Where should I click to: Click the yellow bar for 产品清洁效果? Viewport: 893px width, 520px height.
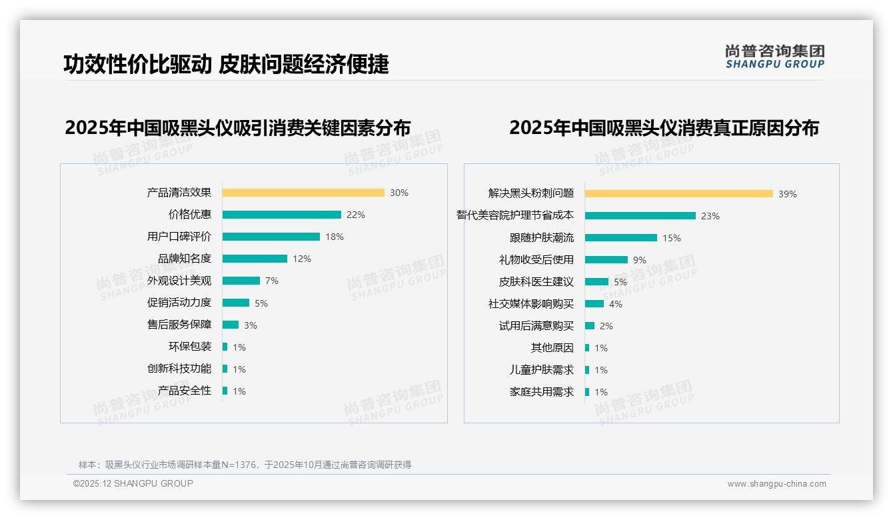coord(303,193)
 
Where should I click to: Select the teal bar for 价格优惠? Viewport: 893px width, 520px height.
coord(281,215)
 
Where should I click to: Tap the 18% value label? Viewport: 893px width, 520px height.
coord(335,237)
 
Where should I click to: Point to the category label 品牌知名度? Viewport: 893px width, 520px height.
coord(185,259)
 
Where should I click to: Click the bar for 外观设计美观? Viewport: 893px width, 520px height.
coord(241,281)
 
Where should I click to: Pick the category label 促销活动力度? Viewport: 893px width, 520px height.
coord(179,303)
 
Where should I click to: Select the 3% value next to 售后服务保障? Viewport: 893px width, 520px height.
coord(250,325)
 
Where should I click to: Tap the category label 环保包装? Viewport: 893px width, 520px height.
coord(190,347)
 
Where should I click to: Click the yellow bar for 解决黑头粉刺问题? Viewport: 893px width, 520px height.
coord(678,194)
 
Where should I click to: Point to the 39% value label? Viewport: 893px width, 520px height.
coord(788,194)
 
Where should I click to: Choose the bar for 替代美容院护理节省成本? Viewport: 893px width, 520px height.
coord(640,216)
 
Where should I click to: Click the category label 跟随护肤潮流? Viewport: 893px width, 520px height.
coord(542,238)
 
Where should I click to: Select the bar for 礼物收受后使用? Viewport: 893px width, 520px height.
coord(606,260)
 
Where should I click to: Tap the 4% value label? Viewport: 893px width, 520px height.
coord(616,304)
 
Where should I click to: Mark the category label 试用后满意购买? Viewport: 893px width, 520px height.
coord(536,326)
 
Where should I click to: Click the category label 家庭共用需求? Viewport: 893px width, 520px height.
coord(542,392)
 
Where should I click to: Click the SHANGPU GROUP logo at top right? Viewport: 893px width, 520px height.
coord(775,57)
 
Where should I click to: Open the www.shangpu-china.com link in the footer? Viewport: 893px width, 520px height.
coord(776,484)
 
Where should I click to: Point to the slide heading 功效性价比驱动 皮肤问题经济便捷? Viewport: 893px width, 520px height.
coord(226,64)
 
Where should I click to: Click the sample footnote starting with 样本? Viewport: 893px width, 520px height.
coord(245,465)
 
